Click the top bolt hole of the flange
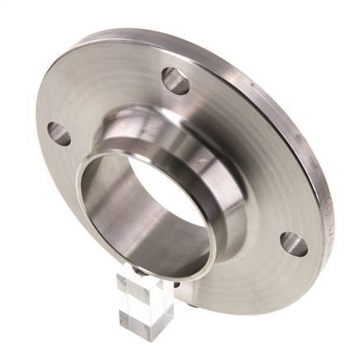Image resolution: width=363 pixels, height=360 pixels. tap(175, 79)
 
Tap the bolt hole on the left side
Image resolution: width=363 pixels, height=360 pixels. tap(59, 133)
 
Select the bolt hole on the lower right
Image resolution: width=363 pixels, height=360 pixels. tap(293, 244)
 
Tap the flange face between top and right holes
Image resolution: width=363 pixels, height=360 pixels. tap(247, 140)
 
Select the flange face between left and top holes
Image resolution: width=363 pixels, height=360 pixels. tap(107, 91)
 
